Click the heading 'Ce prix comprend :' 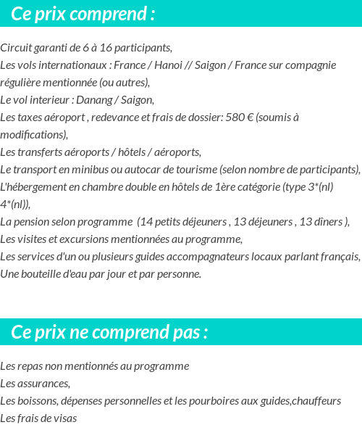pyautogui.click(x=83, y=14)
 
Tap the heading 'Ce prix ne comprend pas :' pyautogui.click(x=110, y=332)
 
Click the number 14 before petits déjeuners pyautogui.click(x=146, y=222)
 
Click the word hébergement pyautogui.click(x=39, y=187)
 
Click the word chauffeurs pyautogui.click(x=316, y=401)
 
